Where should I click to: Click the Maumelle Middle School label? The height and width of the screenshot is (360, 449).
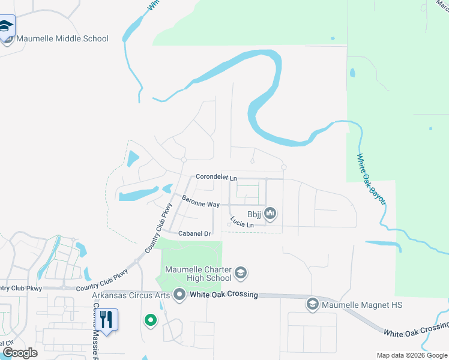pyautogui.click(x=62, y=38)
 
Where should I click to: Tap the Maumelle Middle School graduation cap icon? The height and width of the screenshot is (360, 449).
pyautogui.click(x=7, y=27)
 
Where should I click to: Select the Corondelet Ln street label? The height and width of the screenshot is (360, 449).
pyautogui.click(x=216, y=178)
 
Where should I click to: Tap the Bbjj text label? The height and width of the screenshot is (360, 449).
pyautogui.click(x=253, y=214)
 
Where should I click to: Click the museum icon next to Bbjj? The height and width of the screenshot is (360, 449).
pyautogui.click(x=270, y=213)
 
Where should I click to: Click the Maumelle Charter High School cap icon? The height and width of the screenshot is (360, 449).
pyautogui.click(x=241, y=274)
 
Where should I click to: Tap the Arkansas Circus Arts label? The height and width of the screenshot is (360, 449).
pyautogui.click(x=131, y=295)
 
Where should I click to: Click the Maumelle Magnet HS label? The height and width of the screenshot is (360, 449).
pyautogui.click(x=362, y=305)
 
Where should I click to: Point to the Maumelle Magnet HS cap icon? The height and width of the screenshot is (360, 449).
pyautogui.click(x=312, y=305)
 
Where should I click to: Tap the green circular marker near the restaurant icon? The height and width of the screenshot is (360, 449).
pyautogui.click(x=150, y=321)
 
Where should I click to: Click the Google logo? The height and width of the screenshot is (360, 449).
pyautogui.click(x=20, y=352)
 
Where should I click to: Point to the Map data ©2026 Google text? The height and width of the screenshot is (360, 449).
pyautogui.click(x=412, y=355)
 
